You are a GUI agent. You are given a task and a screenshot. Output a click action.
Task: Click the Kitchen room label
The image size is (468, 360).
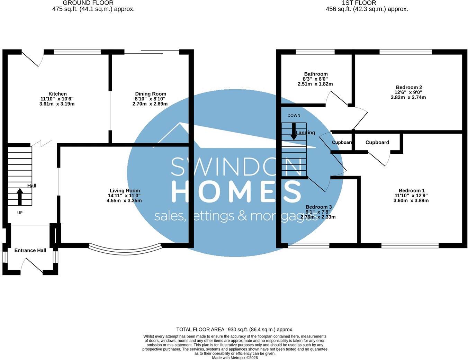(57, 94)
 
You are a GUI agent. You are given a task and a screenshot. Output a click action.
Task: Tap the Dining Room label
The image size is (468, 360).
(151, 94)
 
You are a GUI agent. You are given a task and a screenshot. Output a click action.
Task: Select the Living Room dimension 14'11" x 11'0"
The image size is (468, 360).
(124, 196)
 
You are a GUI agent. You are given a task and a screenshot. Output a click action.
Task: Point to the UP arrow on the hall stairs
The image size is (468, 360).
(20, 197)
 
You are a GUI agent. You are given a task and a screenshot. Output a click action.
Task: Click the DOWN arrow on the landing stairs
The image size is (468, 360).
(294, 132)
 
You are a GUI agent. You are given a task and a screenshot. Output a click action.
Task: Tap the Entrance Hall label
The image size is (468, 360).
(30, 250)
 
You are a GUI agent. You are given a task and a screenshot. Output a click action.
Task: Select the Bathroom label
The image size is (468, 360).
(316, 74)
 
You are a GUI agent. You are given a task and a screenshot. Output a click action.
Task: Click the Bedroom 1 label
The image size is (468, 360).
(412, 190)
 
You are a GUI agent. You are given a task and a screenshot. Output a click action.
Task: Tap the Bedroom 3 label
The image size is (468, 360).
(319, 207)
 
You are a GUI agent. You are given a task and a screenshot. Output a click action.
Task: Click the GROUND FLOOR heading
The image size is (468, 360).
(88, 3)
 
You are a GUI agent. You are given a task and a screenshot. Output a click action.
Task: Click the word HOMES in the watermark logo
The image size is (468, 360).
(236, 191)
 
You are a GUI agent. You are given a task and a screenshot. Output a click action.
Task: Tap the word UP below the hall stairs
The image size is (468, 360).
(20, 213)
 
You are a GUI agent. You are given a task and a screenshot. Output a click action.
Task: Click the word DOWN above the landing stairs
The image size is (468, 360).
(294, 116)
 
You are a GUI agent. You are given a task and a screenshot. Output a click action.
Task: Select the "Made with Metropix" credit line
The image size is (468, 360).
(235, 358)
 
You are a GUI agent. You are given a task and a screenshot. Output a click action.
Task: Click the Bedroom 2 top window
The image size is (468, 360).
(406, 52)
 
